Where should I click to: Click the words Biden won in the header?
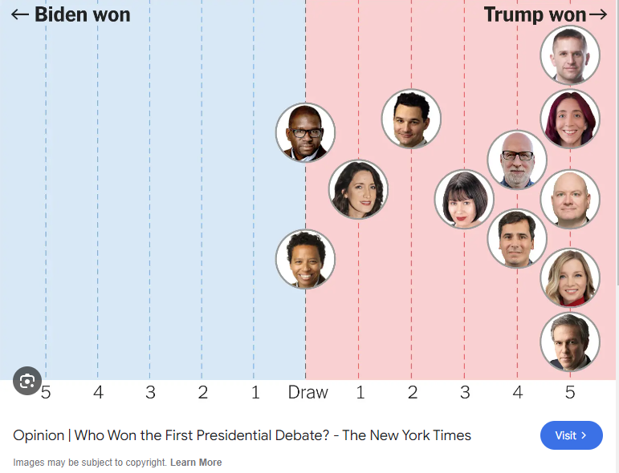click(82, 14)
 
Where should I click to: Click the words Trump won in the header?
click(536, 14)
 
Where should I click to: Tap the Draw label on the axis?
click(308, 392)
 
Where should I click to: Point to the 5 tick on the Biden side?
click(46, 392)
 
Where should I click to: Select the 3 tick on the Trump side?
click(465, 392)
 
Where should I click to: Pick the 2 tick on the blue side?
click(202, 392)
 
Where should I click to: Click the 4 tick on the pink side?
click(517, 392)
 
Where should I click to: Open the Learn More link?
click(196, 463)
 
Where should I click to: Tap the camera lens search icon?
click(27, 381)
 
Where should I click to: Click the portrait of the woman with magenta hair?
click(570, 119)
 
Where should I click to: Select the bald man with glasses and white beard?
click(517, 160)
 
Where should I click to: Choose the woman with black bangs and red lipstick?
click(464, 199)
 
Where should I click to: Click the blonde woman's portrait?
click(570, 277)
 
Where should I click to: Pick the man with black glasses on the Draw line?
click(305, 132)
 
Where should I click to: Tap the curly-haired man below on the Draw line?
click(305, 259)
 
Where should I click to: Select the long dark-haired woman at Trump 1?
click(358, 189)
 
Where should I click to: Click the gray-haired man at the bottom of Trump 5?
click(570, 342)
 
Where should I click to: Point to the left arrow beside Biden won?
click(19, 14)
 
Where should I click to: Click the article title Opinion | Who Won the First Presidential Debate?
click(242, 435)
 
